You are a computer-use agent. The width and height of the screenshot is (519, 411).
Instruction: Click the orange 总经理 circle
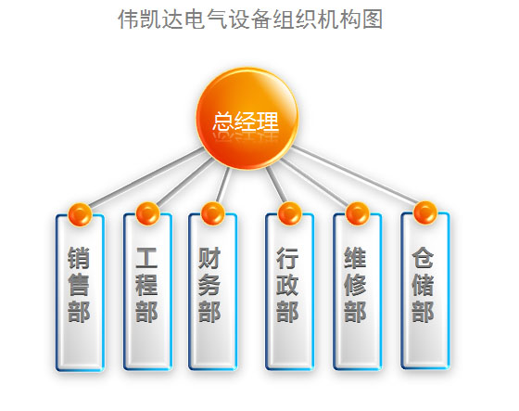247,119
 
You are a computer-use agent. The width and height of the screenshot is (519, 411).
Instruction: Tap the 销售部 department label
79,285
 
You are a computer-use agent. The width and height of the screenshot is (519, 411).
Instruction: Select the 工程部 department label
146,285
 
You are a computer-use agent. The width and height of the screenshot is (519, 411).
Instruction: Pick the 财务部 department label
209,285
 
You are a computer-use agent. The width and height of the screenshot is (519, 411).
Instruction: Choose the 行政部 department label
287,285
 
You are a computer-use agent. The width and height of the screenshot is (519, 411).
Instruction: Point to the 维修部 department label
355,285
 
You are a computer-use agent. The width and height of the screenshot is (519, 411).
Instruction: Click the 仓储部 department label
423,285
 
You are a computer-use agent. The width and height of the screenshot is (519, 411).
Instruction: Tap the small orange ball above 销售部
80,215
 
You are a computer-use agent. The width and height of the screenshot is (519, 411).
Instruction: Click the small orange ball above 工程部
147,213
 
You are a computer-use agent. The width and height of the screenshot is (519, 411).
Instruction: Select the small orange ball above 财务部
213,213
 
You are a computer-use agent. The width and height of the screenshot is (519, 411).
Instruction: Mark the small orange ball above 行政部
289,213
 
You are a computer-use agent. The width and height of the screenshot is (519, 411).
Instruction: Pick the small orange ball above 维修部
358,213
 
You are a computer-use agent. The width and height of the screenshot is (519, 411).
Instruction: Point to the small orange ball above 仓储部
425,213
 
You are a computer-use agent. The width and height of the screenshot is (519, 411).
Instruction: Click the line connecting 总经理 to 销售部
146,178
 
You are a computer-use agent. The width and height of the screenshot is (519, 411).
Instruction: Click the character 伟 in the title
129,19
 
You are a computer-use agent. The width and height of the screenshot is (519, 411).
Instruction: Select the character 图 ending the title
373,19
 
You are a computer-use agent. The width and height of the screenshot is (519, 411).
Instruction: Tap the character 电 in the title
196,19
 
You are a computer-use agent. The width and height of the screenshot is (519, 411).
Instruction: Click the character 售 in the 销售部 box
79,285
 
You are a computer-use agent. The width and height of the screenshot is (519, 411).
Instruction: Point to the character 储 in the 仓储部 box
423,285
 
